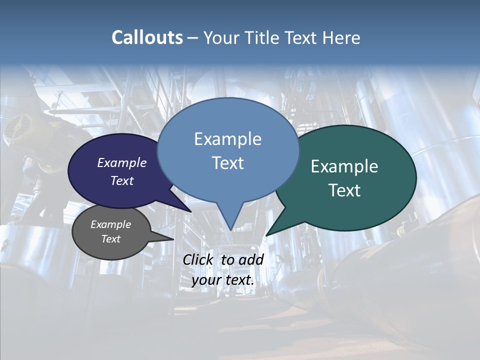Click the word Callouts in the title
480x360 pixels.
point(147,37)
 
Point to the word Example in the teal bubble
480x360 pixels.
point(344,166)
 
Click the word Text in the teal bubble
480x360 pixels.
point(344,190)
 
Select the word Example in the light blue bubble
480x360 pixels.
point(227,139)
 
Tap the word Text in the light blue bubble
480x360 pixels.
point(227,163)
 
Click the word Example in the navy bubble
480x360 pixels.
point(121,162)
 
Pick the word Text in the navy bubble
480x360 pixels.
point(121,180)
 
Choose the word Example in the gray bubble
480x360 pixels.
point(110,224)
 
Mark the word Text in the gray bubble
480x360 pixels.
point(110,239)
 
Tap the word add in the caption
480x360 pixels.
point(250,259)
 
